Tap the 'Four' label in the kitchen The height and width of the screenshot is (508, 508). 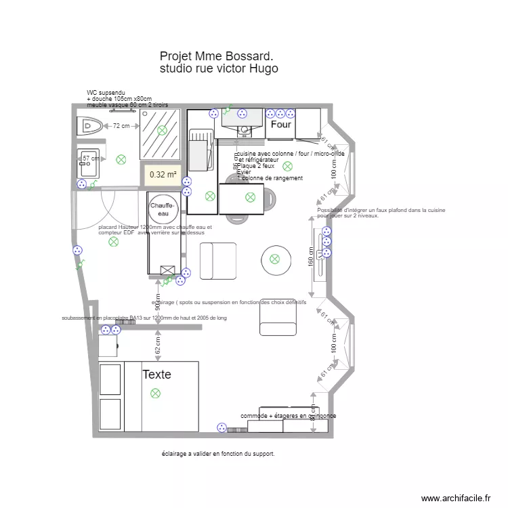pyautogui.click(x=280, y=125)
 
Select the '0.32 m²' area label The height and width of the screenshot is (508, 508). pyautogui.click(x=163, y=175)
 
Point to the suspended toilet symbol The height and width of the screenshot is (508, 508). pyautogui.click(x=89, y=125)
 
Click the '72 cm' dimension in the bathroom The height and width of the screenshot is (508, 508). pyautogui.click(x=121, y=126)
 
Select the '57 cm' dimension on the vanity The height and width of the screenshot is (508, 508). pyautogui.click(x=91, y=158)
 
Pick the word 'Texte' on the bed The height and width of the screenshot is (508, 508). pyautogui.click(x=156, y=374)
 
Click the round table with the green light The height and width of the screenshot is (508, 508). pyautogui.click(x=275, y=258)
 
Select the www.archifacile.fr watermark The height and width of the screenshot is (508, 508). pyautogui.click(x=455, y=498)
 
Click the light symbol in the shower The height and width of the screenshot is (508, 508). pyautogui.click(x=161, y=130)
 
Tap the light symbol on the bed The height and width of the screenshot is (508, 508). pyautogui.click(x=155, y=393)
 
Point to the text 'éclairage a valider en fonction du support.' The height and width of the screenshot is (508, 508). pyautogui.click(x=218, y=454)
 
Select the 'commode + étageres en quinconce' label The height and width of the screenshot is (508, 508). pyautogui.click(x=288, y=416)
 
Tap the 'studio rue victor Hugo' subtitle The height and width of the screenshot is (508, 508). pyautogui.click(x=219, y=68)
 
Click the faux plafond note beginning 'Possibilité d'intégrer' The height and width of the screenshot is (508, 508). pyautogui.click(x=381, y=213)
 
